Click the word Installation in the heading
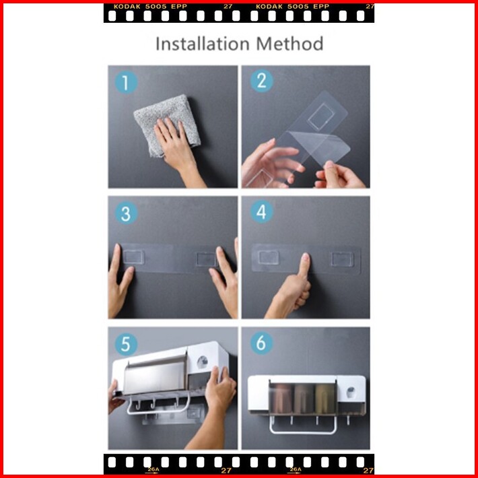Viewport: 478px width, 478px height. tap(203, 44)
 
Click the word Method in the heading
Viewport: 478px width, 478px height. tap(289, 44)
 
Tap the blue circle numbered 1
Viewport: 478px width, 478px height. tap(126, 82)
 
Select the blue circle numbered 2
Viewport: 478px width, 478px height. tap(262, 81)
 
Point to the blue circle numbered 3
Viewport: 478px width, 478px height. tap(126, 213)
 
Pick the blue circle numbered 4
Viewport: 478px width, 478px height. tap(262, 211)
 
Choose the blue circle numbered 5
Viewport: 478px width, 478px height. tap(126, 344)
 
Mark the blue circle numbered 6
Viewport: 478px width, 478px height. tap(262, 343)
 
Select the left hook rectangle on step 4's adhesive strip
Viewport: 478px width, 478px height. tap(268, 257)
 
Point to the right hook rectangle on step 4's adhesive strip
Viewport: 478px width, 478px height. tap(343, 259)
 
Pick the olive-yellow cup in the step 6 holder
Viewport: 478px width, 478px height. tap(325, 398)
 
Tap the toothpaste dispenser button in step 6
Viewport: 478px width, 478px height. tap(351, 390)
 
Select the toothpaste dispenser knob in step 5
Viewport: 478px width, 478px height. tap(202, 362)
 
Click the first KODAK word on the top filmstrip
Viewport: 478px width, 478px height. tap(127, 7)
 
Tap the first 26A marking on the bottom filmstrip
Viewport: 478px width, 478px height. tap(153, 469)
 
